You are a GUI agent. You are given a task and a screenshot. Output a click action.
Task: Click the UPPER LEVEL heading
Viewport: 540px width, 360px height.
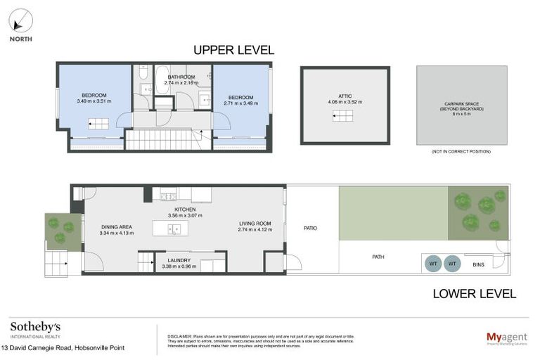click(x=233, y=51)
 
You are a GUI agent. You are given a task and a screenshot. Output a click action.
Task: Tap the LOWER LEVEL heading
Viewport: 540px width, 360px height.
click(x=475, y=293)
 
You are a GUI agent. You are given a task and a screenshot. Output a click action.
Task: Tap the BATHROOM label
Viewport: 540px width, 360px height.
click(x=181, y=79)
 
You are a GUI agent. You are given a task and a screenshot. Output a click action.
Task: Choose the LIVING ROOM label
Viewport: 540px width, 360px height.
click(x=255, y=226)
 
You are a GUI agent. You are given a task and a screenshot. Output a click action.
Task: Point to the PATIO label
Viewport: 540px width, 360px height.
click(x=311, y=228)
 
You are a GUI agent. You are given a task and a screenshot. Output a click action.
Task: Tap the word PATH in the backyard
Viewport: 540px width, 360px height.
click(x=378, y=257)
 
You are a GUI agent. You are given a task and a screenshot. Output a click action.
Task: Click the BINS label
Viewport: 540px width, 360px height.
click(x=479, y=264)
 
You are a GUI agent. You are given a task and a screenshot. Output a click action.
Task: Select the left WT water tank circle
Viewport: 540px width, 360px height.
click(x=433, y=264)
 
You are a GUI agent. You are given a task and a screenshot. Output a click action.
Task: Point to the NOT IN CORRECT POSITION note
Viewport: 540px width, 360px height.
click(x=461, y=151)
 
